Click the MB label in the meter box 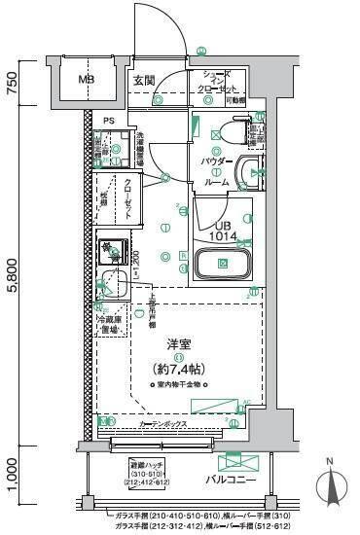(x=87, y=79)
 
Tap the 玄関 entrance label (x=144, y=79)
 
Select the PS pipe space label (x=109, y=122)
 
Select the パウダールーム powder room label (x=216, y=169)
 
